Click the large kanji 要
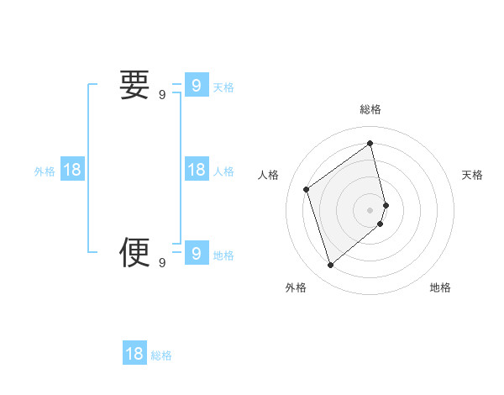point(134,86)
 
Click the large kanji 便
point(134,251)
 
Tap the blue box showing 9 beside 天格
point(196,86)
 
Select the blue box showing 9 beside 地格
point(196,252)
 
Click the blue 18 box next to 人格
point(196,170)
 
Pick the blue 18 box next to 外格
point(72,170)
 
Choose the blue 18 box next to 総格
point(134,354)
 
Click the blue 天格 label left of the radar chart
point(223,87)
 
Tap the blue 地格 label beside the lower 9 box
point(223,255)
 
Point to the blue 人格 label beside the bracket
point(223,171)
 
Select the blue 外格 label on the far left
point(45,171)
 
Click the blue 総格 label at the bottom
point(161,355)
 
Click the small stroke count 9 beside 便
point(162,263)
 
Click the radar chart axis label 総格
point(370,109)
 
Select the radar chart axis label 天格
point(472,175)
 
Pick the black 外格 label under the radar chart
point(296,287)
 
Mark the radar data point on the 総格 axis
point(370,144)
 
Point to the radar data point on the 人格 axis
point(307,189)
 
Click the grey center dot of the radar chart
point(370,209)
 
